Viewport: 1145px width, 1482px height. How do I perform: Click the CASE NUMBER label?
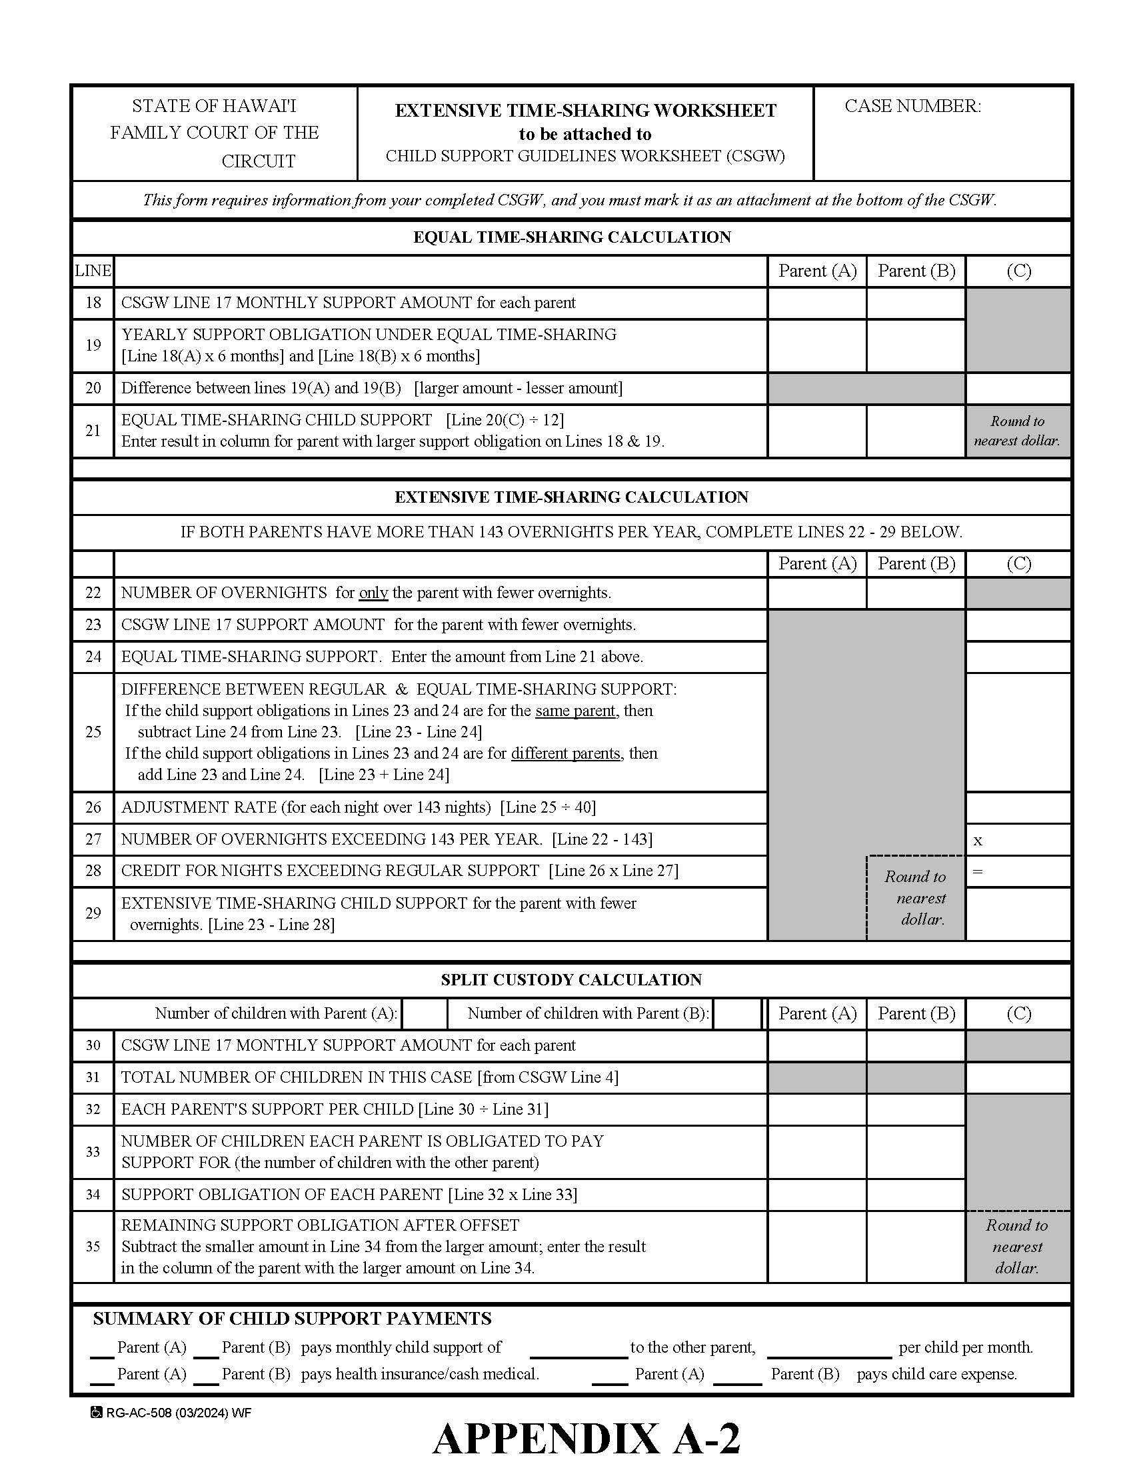click(912, 107)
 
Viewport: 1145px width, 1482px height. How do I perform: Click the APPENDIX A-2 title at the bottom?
click(586, 1439)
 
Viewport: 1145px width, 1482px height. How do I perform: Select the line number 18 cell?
click(93, 303)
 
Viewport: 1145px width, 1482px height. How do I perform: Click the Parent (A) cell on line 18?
click(816, 303)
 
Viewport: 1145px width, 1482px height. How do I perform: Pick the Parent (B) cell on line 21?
click(916, 431)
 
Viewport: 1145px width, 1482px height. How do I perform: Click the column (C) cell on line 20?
click(1018, 388)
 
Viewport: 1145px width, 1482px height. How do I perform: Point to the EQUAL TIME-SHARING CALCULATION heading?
click(572, 237)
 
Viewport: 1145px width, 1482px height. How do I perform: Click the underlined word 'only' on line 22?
click(373, 593)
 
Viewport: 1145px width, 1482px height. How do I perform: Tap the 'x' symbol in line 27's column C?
click(978, 841)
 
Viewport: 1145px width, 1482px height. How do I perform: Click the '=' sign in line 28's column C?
click(978, 871)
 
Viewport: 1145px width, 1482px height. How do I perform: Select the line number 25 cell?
click(93, 732)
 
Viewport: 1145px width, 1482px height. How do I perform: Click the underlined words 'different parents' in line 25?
click(566, 754)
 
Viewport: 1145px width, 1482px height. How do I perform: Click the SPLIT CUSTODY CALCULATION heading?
click(572, 980)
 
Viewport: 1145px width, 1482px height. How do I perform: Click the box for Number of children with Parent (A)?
click(425, 1014)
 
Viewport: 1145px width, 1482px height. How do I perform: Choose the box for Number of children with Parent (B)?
click(736, 1014)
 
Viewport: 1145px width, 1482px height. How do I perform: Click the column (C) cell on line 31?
click(1018, 1077)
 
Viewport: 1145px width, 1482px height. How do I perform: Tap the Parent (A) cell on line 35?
click(816, 1247)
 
